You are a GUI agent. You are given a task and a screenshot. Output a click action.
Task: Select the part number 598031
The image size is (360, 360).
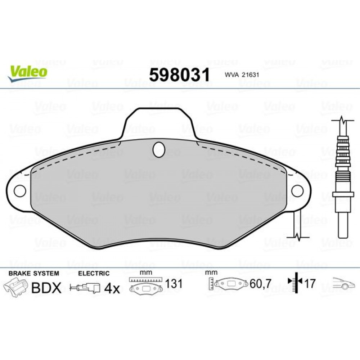pyautogui.click(x=179, y=75)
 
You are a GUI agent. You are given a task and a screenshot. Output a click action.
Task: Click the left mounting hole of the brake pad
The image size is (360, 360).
pyautogui.click(x=20, y=191)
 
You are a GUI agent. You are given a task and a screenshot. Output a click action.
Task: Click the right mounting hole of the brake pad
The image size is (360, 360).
pyautogui.click(x=297, y=191)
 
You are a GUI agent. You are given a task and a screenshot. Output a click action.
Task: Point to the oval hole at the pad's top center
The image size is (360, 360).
pyautogui.click(x=158, y=149)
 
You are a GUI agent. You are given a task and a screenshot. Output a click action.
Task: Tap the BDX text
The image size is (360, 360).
pyautogui.click(x=46, y=288)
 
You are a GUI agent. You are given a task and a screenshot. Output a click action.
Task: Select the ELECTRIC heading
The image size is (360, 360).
pyautogui.click(x=94, y=274)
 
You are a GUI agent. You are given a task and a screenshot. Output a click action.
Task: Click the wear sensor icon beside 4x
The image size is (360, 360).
pyautogui.click(x=86, y=288)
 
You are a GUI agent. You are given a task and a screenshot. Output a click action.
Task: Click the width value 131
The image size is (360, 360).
pyautogui.click(x=174, y=284)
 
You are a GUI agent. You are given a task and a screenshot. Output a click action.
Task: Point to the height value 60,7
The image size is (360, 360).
pyautogui.click(x=260, y=284)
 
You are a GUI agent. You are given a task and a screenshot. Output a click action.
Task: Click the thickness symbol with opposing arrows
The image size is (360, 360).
pyautogui.click(x=296, y=283)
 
